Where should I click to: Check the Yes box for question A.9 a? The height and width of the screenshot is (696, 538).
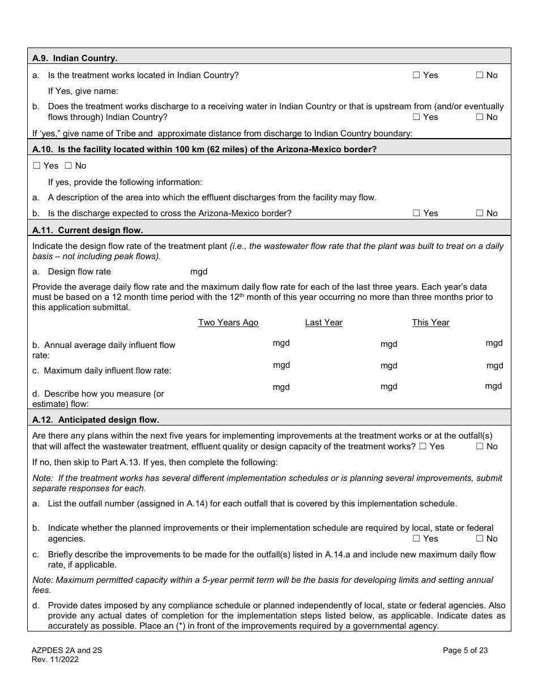[416, 75]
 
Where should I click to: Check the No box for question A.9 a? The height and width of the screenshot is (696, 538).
[479, 75]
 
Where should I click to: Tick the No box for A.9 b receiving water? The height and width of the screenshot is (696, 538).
[479, 117]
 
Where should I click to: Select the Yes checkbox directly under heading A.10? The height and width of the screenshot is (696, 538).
[37, 166]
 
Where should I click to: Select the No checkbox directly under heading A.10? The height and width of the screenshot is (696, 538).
[68, 166]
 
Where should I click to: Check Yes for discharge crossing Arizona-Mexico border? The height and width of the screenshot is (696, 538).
[416, 213]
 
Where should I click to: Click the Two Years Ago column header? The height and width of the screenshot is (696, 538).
[228, 323]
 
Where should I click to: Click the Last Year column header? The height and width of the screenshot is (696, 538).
[323, 323]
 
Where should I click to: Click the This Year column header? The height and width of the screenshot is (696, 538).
[430, 323]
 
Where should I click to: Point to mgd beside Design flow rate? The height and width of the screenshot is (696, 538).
[199, 272]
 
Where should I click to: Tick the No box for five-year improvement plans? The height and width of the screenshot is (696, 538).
[479, 446]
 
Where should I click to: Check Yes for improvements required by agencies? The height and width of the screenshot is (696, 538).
[416, 539]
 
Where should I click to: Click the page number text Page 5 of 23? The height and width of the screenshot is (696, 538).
[465, 651]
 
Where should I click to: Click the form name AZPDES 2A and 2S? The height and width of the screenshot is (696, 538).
[67, 651]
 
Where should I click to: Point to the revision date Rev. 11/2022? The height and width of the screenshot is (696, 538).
[55, 659]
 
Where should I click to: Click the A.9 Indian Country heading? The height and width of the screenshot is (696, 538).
[75, 58]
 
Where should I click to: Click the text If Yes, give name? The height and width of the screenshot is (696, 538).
[83, 91]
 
